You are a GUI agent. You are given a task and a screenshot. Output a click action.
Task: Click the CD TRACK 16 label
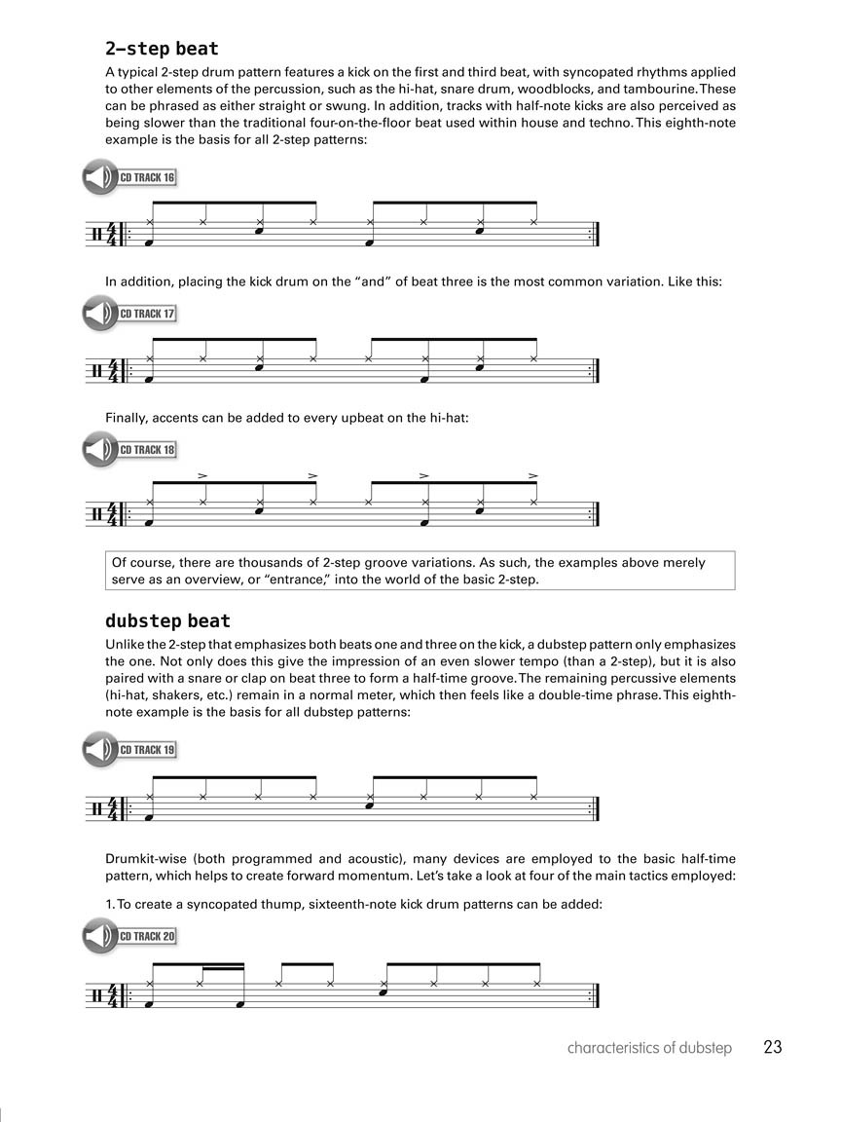point(148,178)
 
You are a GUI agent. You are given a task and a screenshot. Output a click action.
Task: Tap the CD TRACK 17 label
point(148,315)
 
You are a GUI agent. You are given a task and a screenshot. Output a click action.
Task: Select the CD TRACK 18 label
point(148,450)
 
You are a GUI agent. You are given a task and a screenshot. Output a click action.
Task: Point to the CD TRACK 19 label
point(148,750)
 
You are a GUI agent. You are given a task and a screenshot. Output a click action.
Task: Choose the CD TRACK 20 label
point(148,937)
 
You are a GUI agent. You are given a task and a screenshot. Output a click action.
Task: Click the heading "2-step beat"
point(162,49)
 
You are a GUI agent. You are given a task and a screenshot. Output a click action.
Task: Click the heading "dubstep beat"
point(167,621)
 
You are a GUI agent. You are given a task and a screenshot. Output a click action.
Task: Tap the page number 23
point(773,1048)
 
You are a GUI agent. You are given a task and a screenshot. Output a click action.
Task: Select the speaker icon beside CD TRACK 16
point(98,178)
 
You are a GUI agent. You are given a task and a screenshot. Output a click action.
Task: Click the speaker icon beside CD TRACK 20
point(98,937)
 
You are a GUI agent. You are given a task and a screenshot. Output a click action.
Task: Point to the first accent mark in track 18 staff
point(202,476)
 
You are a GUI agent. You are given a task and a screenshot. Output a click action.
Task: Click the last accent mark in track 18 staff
point(533,476)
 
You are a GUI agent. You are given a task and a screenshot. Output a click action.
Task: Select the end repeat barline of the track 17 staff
point(594,371)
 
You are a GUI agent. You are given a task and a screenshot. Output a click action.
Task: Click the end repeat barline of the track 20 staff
point(594,994)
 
